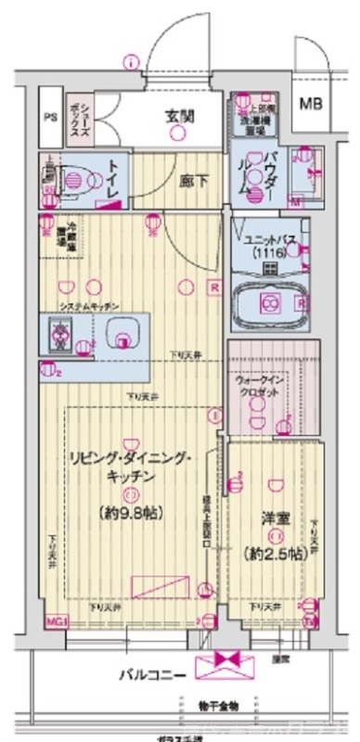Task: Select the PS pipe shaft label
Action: (50, 117)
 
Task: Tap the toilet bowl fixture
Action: (74, 179)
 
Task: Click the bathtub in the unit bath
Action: (272, 301)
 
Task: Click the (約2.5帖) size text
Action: (273, 553)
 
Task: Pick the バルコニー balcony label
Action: (150, 674)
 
